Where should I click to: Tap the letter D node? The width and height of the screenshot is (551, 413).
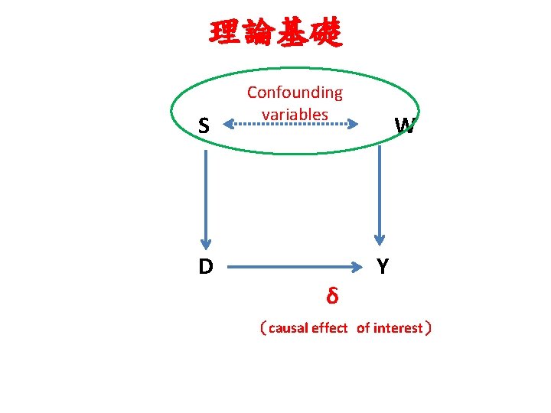tap(205, 267)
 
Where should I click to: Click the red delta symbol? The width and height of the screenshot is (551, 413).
tap(332, 294)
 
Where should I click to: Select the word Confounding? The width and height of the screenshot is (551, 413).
tap(295, 93)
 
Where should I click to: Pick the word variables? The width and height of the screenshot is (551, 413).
tap(295, 114)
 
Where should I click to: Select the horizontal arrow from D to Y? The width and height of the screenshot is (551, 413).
tap(295, 268)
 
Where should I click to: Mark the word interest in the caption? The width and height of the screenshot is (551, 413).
tap(398, 329)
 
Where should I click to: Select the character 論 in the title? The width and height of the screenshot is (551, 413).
tap(259, 33)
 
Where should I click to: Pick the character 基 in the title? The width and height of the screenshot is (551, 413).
tap(292, 33)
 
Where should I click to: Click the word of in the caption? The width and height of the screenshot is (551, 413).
tap(363, 329)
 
